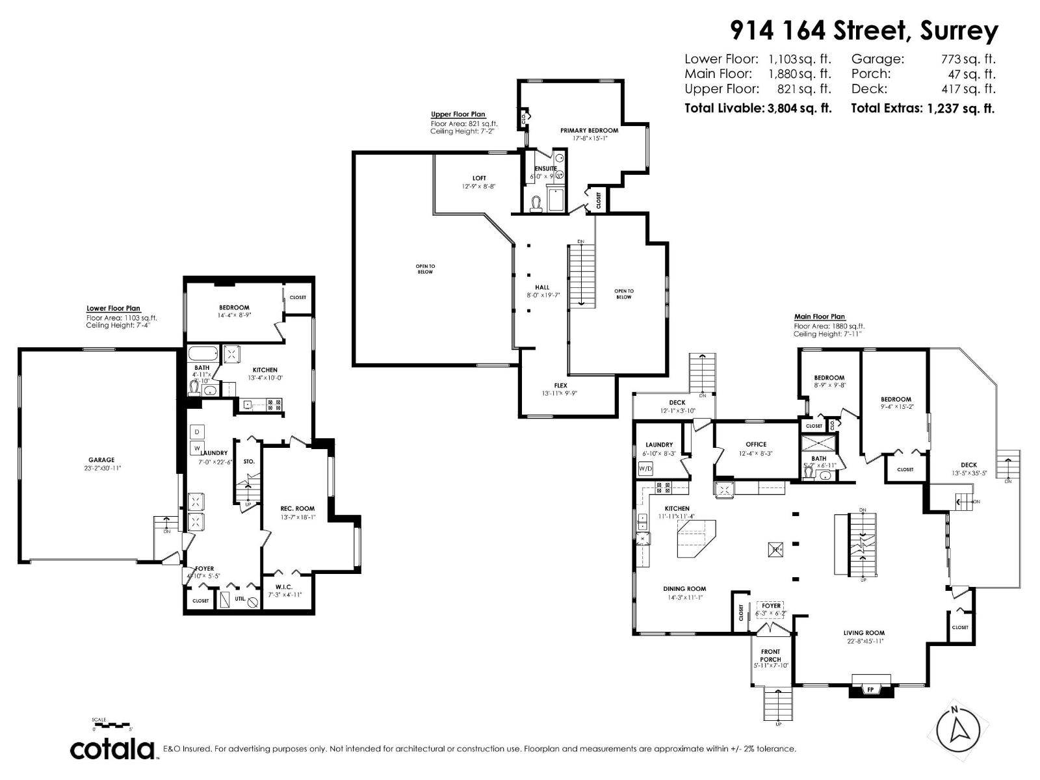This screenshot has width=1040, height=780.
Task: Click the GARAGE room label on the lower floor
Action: point(101,460)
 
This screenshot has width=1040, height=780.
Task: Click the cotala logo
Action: point(112,749)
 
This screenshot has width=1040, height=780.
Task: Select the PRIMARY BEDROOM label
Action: point(589,131)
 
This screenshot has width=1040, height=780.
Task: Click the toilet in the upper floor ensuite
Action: point(536,204)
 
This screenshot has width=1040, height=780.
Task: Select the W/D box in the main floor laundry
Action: point(645,468)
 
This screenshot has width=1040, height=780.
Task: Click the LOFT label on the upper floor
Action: point(478,178)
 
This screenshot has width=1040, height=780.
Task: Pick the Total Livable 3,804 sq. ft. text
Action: point(758,109)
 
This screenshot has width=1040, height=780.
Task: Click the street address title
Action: point(864,30)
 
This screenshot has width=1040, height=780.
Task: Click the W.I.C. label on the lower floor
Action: point(284,586)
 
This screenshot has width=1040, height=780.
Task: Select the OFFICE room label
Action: point(756,445)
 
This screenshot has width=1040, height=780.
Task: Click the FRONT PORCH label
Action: point(770,655)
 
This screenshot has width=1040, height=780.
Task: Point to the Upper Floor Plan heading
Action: point(458,114)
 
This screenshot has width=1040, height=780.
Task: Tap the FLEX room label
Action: point(560,385)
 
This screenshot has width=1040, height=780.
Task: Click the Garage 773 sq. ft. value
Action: point(968,59)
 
